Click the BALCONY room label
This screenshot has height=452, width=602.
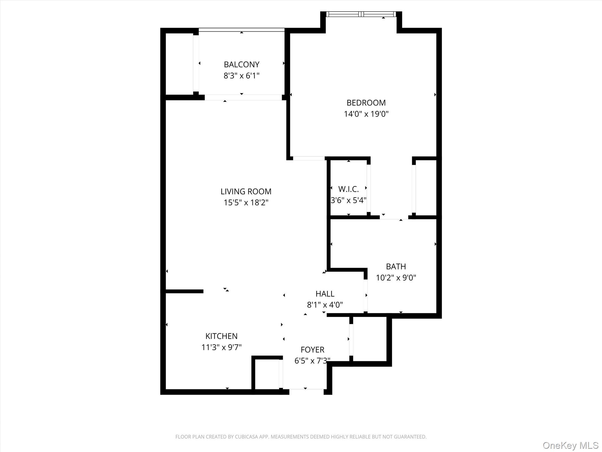click(241, 64)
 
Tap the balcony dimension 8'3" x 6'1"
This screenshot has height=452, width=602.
click(241, 76)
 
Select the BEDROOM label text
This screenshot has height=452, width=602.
click(366, 103)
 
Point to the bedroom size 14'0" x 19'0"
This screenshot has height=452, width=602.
click(366, 114)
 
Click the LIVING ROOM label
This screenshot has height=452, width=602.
click(246, 192)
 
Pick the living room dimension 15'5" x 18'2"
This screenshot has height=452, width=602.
click(246, 203)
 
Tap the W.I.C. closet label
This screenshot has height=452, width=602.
click(348, 189)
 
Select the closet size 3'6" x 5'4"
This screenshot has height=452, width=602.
click(348, 200)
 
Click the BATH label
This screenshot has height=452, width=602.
click(396, 267)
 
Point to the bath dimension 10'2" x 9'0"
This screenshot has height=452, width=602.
click(396, 278)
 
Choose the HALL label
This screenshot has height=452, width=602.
click(325, 294)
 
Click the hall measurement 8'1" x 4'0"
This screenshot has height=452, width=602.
click(325, 305)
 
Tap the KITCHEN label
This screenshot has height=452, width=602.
click(221, 336)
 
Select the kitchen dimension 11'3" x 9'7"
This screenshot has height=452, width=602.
click(221, 348)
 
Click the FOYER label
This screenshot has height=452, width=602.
click(312, 350)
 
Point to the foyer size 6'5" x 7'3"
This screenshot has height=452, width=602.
click(312, 361)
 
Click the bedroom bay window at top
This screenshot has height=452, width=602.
click(361, 14)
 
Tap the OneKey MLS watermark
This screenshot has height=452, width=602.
click(570, 445)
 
